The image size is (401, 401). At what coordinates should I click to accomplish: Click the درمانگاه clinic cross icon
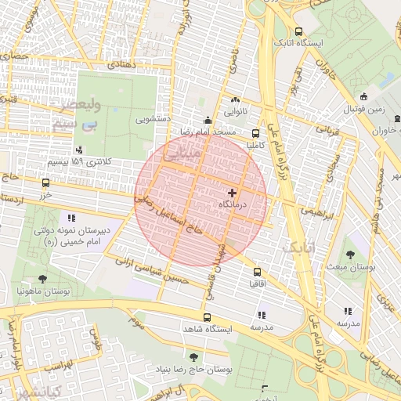pos(232,192)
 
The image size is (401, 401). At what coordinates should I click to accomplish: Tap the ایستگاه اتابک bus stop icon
pos(298,31)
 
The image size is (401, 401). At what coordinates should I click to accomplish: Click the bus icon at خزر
pos(45,182)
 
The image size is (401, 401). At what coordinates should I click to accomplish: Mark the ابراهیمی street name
pos(317,212)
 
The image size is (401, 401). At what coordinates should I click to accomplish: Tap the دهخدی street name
pos(125,64)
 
